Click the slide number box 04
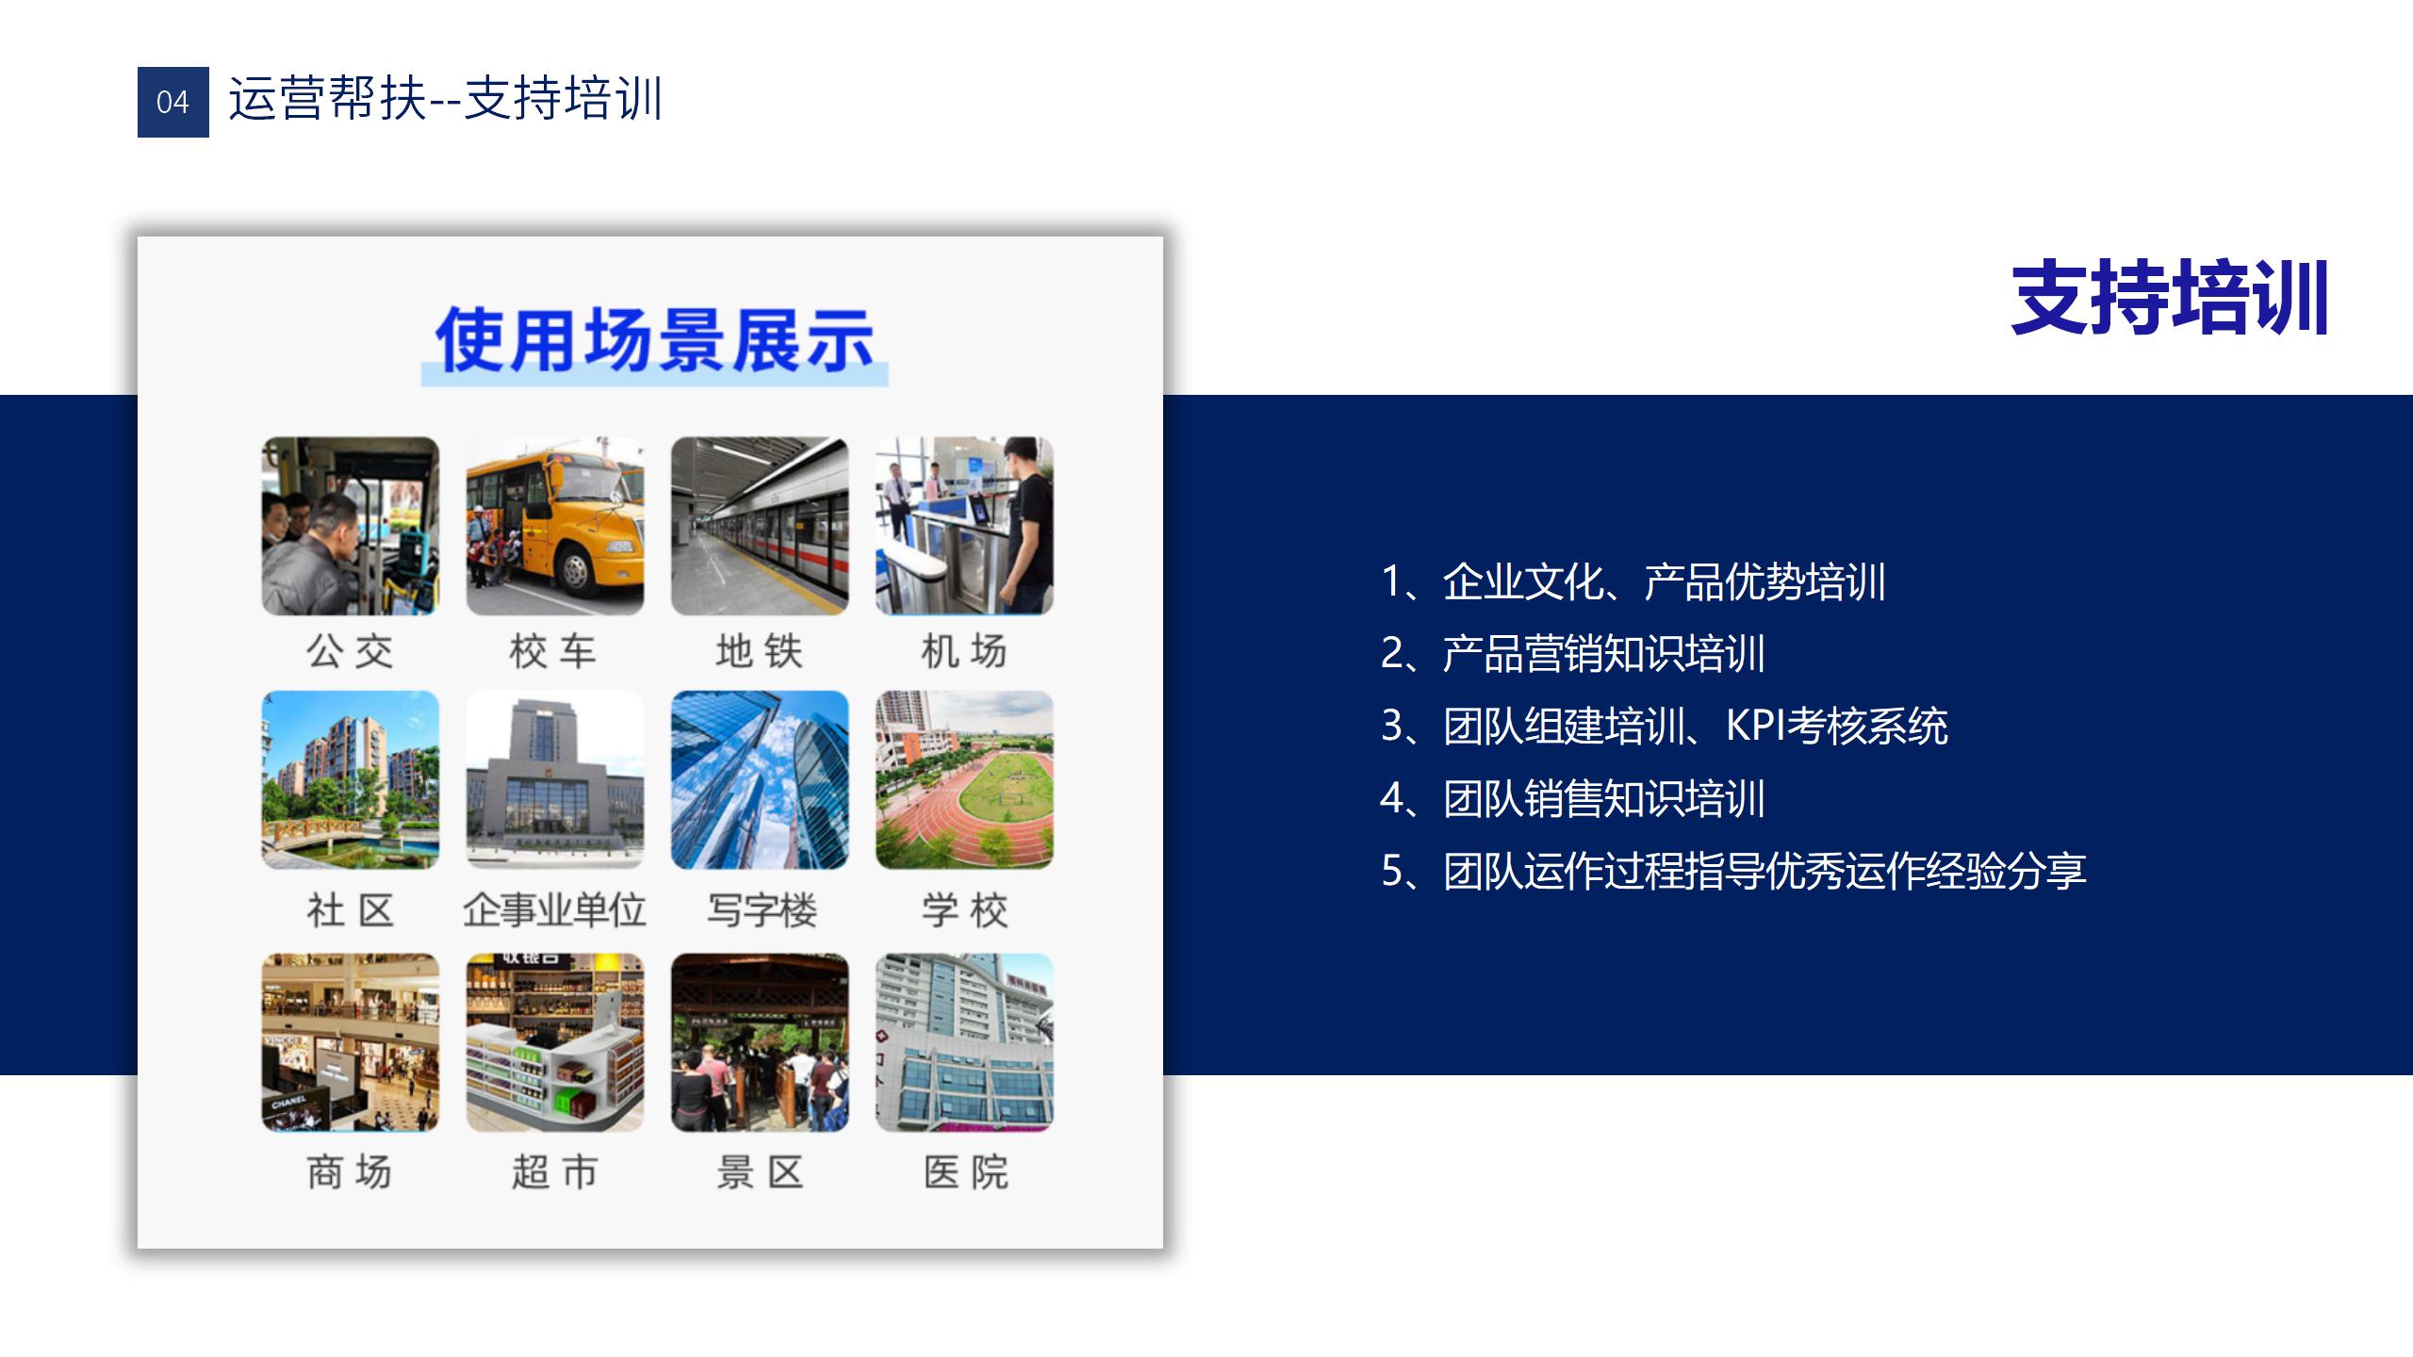(173, 102)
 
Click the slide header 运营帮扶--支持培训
(446, 99)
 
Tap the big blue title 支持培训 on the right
(2170, 299)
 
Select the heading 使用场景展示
(654, 340)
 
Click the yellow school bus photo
(555, 526)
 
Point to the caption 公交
(350, 651)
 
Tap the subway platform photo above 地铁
(760, 526)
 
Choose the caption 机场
(964, 651)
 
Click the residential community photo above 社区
(351, 780)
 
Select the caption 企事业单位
(555, 910)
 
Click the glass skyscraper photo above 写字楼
(760, 780)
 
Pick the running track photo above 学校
(964, 780)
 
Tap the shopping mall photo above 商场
(351, 1042)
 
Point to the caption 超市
(555, 1172)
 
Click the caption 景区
(760, 1172)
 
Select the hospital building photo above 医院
(964, 1042)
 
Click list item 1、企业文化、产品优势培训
(1633, 581)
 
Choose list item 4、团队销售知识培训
(1573, 798)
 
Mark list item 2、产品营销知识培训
(1573, 653)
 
